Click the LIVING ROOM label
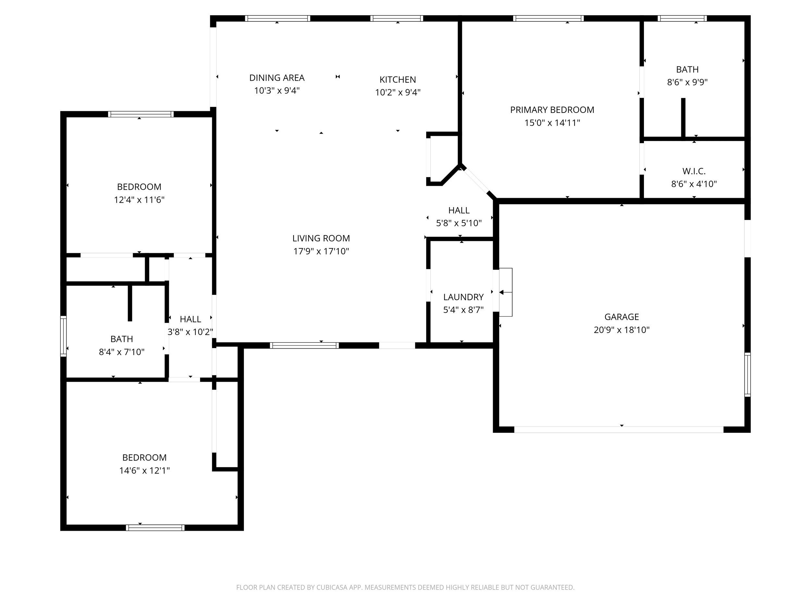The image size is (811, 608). [321, 238]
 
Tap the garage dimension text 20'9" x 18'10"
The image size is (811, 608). [622, 330]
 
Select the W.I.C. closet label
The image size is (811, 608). [694, 171]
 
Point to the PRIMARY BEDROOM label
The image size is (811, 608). [552, 110]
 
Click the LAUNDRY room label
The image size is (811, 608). [463, 297]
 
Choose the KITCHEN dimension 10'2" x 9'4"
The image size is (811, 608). [397, 92]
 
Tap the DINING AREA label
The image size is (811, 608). [277, 78]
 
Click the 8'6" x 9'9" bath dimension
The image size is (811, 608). [687, 82]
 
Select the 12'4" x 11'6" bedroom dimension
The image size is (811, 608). [139, 200]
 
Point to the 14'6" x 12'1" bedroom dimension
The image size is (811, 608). [144, 470]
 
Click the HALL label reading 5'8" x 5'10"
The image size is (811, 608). [459, 210]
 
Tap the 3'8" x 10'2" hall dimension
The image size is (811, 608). [190, 332]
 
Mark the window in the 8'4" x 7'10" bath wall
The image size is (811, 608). [64, 336]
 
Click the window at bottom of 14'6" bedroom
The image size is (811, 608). [155, 528]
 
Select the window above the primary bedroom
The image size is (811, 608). [548, 18]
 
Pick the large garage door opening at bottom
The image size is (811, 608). [619, 430]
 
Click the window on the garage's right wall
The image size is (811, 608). [747, 375]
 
